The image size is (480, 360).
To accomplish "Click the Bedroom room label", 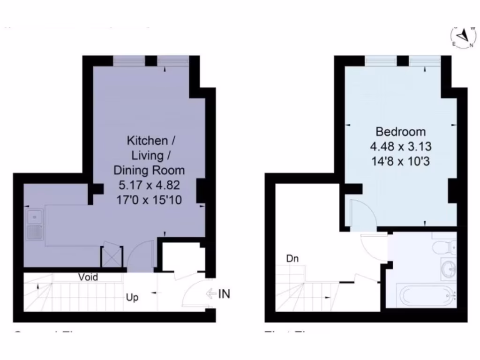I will [x=400, y=132].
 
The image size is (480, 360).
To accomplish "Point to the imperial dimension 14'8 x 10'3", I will [x=400, y=162].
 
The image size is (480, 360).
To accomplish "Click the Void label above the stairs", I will [x=88, y=277].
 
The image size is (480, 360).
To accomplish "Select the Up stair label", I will [x=132, y=297].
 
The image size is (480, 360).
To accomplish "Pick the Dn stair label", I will [x=292, y=258].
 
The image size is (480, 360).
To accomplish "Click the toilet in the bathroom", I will [x=446, y=246].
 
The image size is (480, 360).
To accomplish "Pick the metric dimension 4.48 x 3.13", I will [x=400, y=147].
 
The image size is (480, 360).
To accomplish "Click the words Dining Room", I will [x=149, y=170].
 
